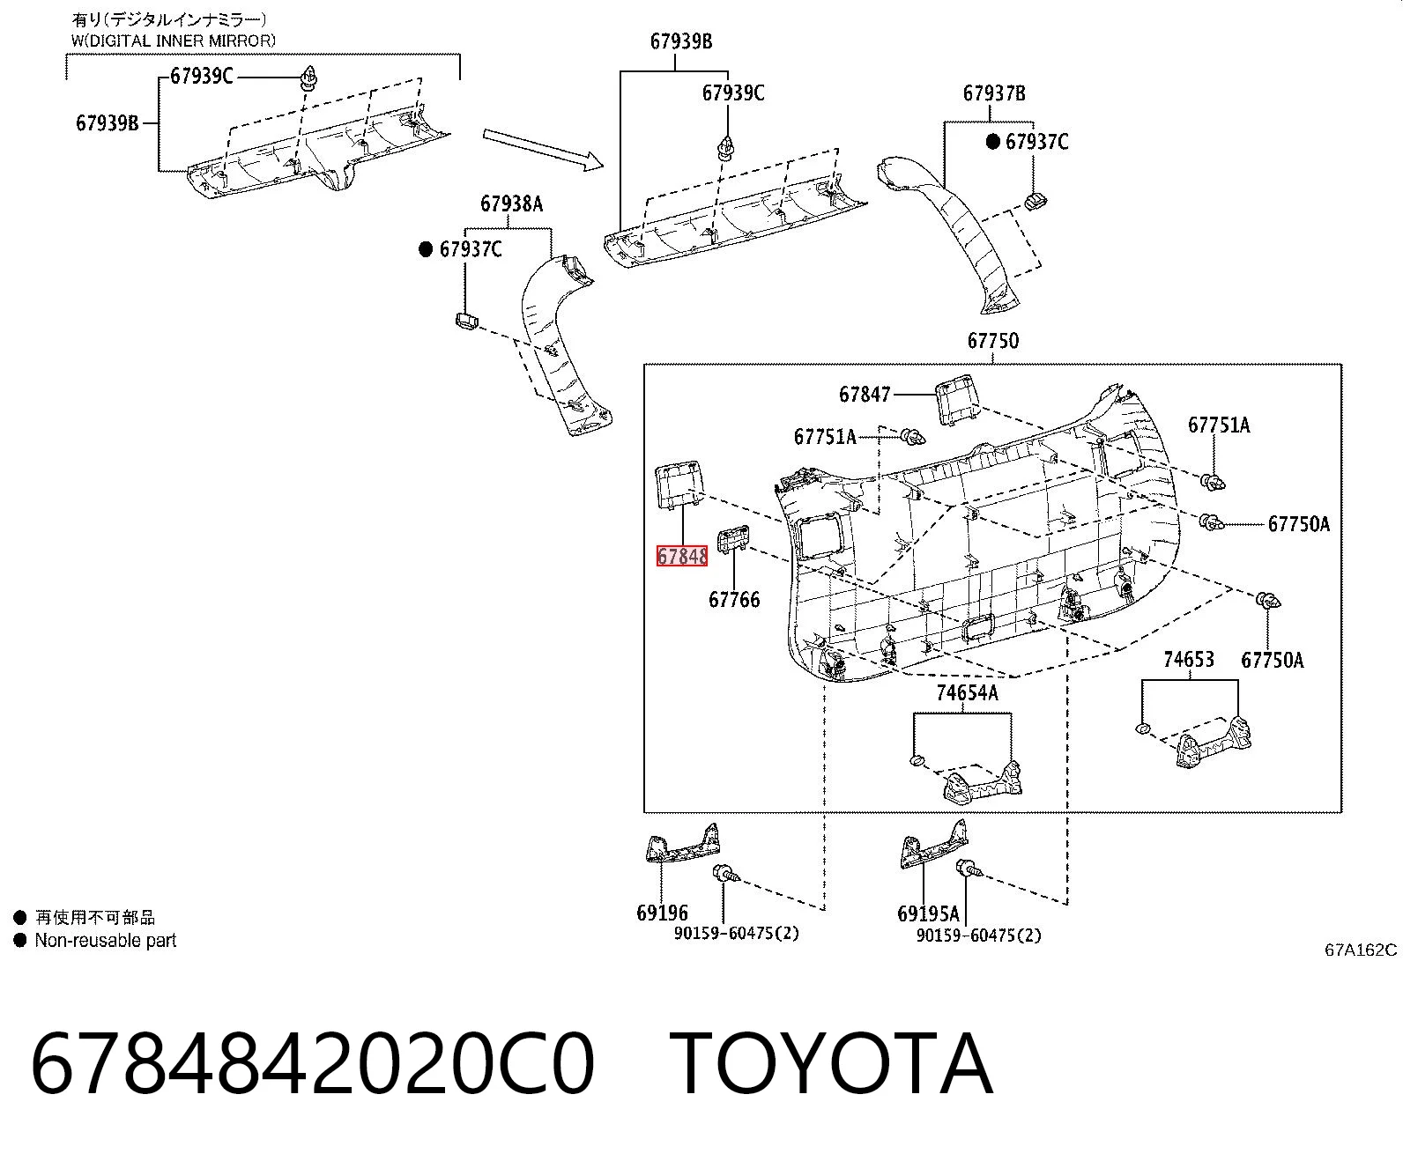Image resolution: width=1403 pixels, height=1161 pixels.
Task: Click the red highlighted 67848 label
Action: (x=681, y=556)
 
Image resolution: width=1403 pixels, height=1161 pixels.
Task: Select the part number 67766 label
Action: (x=734, y=599)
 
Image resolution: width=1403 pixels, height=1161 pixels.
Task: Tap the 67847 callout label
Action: (x=865, y=394)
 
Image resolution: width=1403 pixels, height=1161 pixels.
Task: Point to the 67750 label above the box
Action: (x=992, y=341)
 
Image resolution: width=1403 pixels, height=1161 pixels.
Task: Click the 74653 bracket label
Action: (x=1189, y=659)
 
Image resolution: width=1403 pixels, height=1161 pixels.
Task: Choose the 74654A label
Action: (x=967, y=692)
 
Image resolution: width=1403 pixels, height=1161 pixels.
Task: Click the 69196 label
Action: (x=662, y=913)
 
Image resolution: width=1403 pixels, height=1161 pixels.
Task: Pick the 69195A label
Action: (x=928, y=913)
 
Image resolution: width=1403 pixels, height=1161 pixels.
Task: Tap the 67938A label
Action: (x=511, y=203)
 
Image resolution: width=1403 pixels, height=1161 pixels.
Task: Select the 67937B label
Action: (x=994, y=92)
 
